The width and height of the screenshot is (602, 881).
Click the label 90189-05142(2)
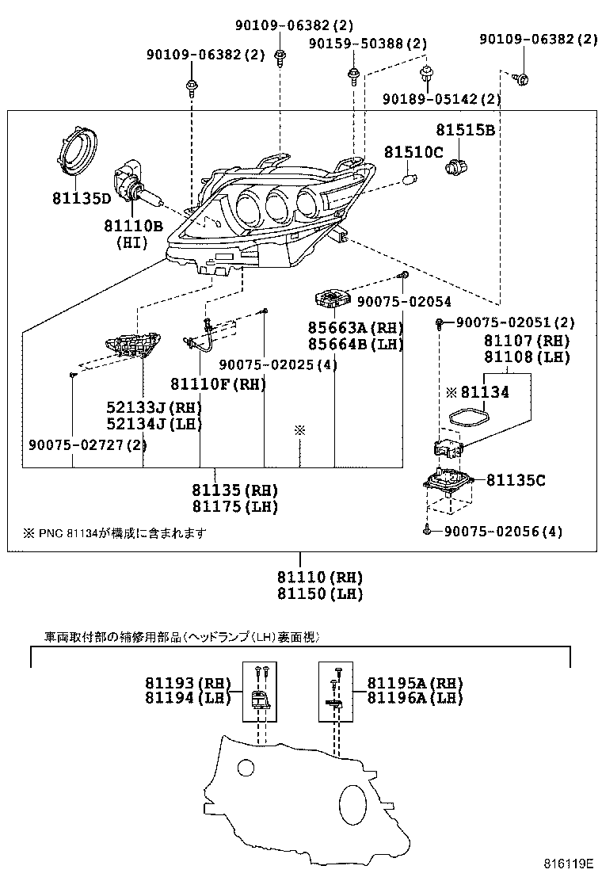pos(441,99)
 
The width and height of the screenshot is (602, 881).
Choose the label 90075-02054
pos(403,302)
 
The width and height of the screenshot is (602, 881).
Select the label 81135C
pos(517,479)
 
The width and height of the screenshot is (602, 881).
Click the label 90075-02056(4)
pos(502,532)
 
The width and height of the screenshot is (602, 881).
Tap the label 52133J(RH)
pos(154,407)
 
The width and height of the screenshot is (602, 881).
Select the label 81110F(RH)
pos(231,384)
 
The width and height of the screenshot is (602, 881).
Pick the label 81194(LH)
pos(187,698)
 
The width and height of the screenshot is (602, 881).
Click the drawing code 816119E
pos(568,863)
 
